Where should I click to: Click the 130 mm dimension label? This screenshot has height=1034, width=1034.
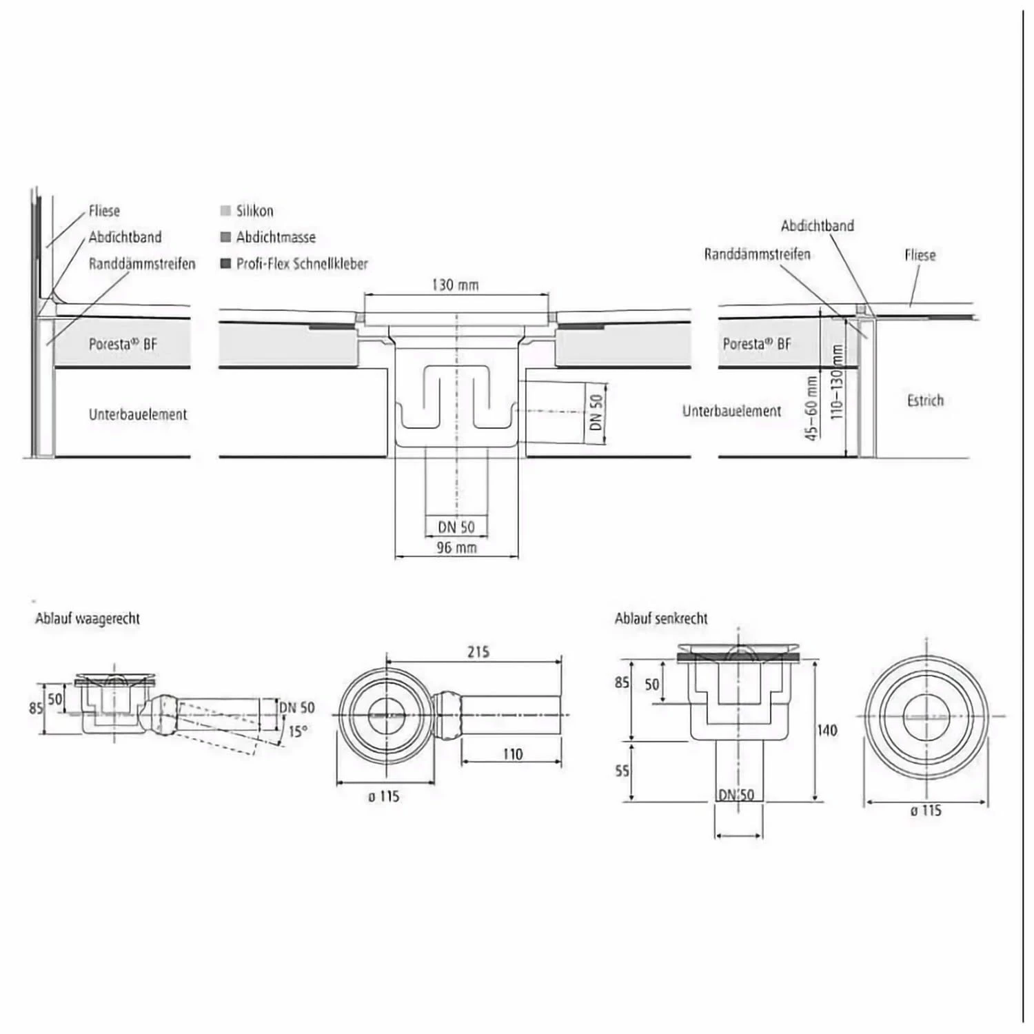click(455, 285)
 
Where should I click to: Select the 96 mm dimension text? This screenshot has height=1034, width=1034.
click(456, 548)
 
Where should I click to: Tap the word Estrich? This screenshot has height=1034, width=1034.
click(925, 401)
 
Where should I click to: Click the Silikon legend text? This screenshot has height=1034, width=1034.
click(254, 211)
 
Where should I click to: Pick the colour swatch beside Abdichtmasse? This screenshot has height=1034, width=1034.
click(225, 237)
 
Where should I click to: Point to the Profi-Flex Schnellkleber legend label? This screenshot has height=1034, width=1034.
click(302, 263)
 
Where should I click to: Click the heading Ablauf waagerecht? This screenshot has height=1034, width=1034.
click(88, 618)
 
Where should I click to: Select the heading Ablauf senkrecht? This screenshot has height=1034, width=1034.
click(661, 618)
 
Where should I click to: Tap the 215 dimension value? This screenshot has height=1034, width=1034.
click(478, 651)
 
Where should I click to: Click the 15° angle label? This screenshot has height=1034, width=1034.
click(297, 731)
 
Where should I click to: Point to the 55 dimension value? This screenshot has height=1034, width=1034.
click(622, 770)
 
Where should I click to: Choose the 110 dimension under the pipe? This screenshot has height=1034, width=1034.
click(512, 754)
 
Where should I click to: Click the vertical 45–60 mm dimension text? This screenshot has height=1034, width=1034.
click(812, 408)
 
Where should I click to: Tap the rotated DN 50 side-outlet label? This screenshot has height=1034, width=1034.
click(597, 412)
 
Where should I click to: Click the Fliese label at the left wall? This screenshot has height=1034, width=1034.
click(104, 211)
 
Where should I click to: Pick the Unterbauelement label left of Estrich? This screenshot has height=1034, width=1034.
click(731, 412)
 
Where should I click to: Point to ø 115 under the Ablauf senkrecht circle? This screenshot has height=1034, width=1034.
click(925, 811)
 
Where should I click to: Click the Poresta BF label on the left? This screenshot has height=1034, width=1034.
click(123, 343)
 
